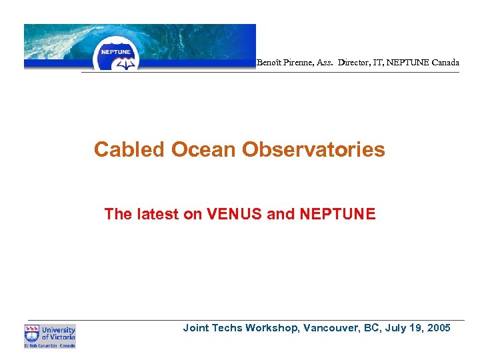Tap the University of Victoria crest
32,333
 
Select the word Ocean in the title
203,149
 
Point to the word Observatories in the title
313,149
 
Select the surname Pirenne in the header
302,63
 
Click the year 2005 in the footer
437,327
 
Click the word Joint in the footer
196,327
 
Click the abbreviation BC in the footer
370,327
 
